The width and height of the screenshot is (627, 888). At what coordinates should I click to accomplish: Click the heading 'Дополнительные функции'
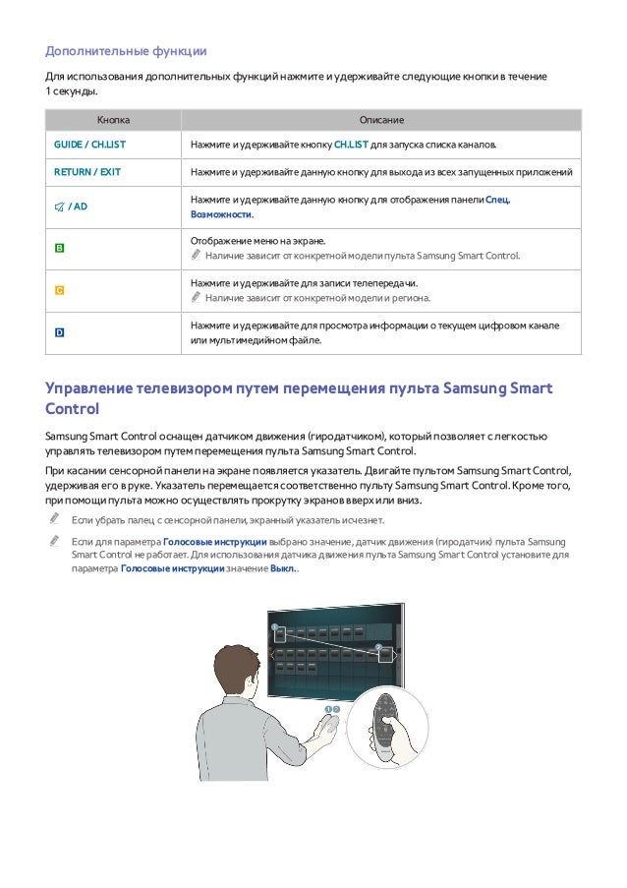[x=126, y=51]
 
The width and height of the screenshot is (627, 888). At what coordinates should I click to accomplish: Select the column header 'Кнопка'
[x=113, y=120]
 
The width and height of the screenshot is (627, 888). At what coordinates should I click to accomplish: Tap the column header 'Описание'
[x=381, y=120]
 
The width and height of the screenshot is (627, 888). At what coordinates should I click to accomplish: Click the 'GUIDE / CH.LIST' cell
[x=89, y=145]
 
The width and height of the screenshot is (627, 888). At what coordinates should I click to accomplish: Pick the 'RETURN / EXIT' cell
[x=87, y=172]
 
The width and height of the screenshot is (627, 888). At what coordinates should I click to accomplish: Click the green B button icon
[x=59, y=248]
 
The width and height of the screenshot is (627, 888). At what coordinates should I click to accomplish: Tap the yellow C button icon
[x=59, y=291]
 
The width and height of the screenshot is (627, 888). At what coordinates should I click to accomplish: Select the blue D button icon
[x=59, y=333]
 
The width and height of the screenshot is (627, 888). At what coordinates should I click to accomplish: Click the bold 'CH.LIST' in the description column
[x=351, y=145]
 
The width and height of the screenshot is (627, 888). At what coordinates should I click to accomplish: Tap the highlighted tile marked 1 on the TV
[x=280, y=635]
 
